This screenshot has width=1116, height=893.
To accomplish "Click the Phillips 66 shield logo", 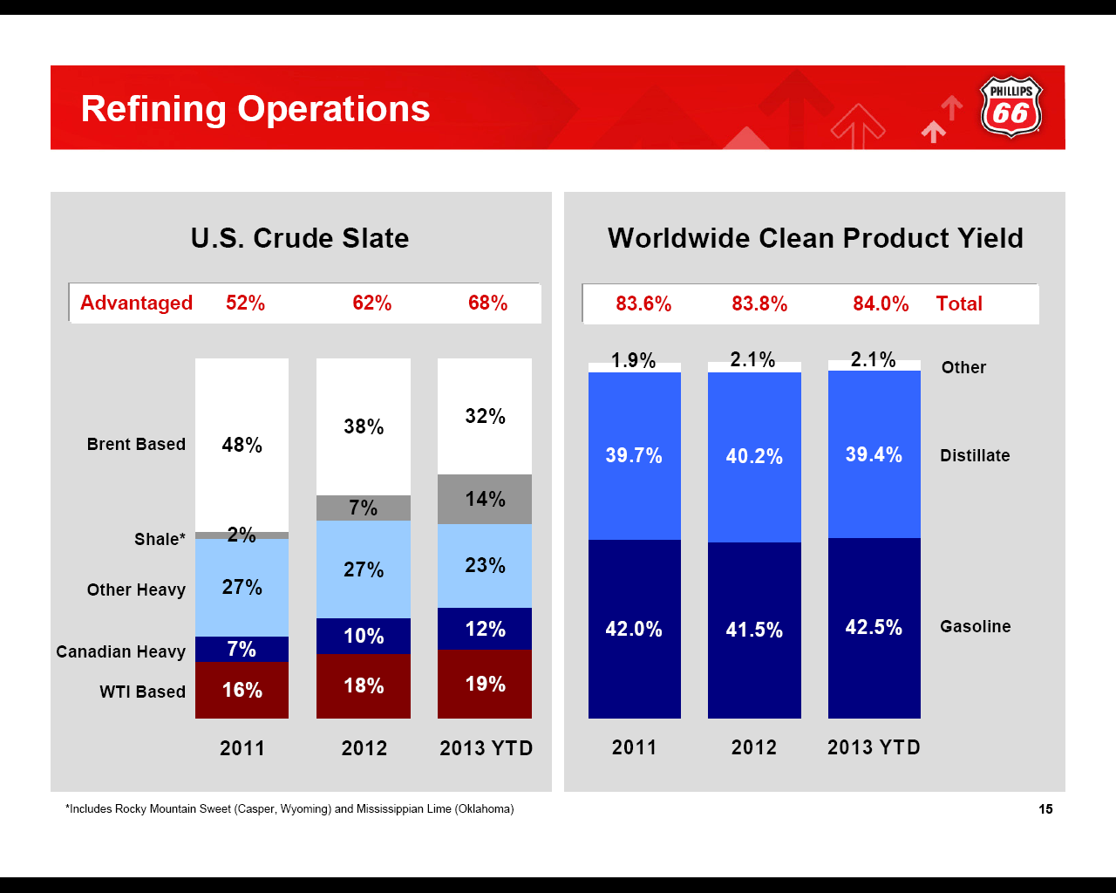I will tap(1011, 107).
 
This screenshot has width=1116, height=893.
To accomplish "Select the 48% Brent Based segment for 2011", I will tap(242, 445).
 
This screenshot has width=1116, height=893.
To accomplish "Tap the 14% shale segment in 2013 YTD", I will tap(485, 499).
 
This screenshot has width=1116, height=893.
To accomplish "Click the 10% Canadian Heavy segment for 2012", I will tap(364, 636).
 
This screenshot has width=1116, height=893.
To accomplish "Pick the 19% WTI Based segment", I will tap(485, 684).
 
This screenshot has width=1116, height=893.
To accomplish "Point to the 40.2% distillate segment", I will tap(754, 456).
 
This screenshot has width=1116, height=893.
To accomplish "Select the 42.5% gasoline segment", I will tap(874, 627).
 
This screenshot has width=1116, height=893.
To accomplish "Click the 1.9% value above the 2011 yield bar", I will tap(633, 360).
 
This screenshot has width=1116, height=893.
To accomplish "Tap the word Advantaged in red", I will tap(136, 303).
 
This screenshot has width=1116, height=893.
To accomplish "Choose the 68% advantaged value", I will tap(487, 303).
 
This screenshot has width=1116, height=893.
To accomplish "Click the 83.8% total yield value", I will tap(759, 303).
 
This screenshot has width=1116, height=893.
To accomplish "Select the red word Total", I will tap(959, 303).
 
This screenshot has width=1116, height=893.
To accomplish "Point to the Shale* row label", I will tap(160, 539).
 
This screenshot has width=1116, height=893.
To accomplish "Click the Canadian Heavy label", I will tap(120, 651).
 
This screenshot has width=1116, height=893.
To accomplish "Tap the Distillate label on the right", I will tap(975, 455).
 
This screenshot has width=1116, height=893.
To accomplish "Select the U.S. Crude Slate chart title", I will tap(300, 238).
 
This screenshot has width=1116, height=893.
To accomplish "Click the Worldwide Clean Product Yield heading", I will tap(815, 238).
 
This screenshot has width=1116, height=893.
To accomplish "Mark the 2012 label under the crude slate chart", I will tap(364, 748).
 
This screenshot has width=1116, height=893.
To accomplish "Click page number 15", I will tap(1045, 809).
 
